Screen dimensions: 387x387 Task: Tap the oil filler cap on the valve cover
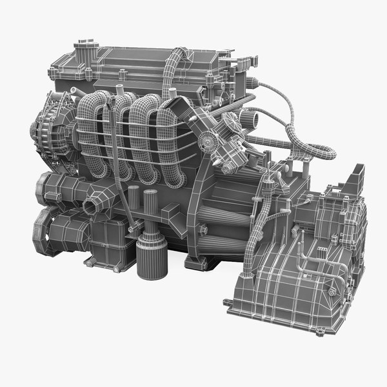point(83,48)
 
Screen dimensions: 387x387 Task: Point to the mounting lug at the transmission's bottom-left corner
point(227,302)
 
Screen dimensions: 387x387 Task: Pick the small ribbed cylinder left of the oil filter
point(134,200)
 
